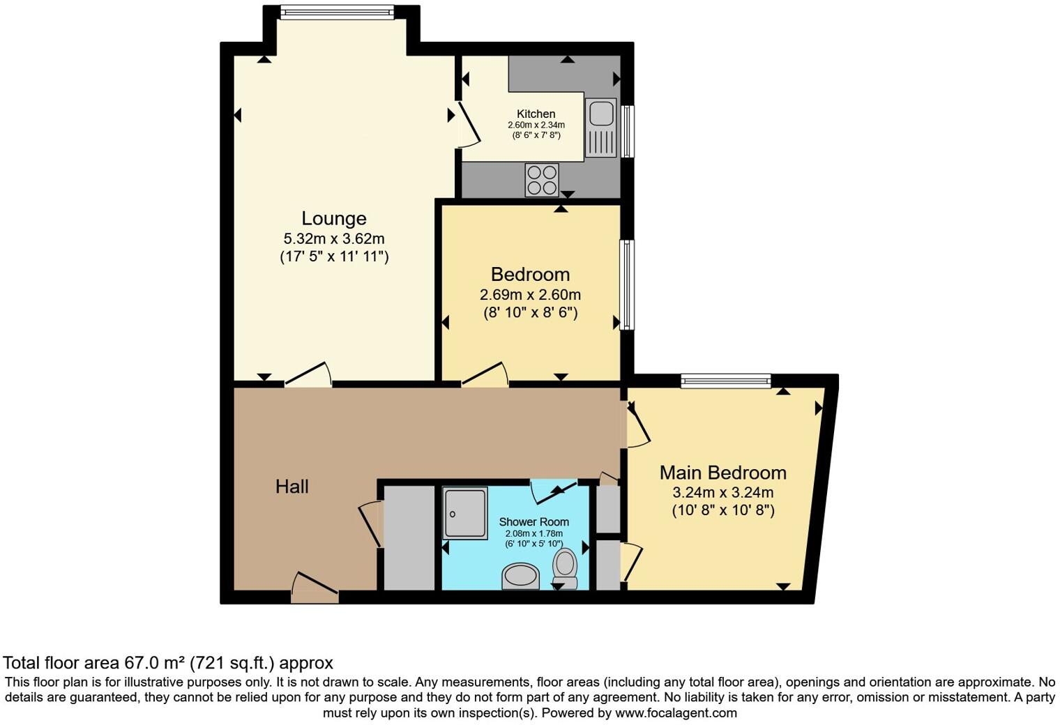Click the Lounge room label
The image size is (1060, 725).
click(x=333, y=218)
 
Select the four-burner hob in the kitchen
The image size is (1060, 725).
click(x=542, y=180)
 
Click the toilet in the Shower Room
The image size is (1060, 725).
click(x=564, y=567)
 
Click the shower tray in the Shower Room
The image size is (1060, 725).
click(x=464, y=513)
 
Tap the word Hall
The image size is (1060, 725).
click(x=291, y=487)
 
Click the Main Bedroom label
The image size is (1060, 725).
click(x=722, y=473)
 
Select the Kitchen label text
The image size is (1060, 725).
click(x=536, y=114)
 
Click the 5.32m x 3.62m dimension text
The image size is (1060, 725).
click(x=333, y=238)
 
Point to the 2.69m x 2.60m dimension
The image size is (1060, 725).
click(x=530, y=294)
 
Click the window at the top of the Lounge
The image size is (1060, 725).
click(x=337, y=13)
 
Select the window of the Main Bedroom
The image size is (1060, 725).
click(x=726, y=380)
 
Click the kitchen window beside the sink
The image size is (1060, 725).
click(x=628, y=131)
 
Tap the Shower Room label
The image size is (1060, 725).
click(x=533, y=521)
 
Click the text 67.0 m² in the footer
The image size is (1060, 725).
click(x=154, y=663)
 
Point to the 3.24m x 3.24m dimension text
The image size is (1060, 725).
click(x=722, y=492)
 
